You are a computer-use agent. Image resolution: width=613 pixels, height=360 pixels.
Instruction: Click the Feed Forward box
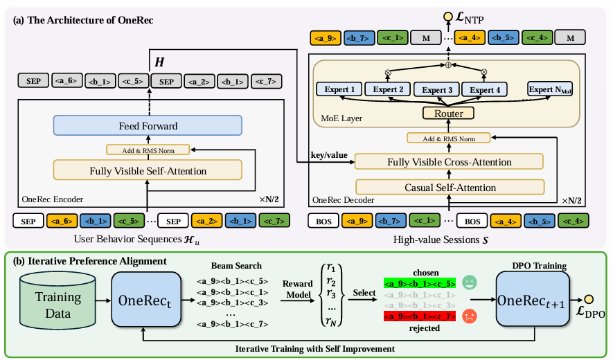147,126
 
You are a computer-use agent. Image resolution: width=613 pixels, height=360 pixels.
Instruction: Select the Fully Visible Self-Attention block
147,170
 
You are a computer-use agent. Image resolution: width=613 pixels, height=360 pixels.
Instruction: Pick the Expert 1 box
339,89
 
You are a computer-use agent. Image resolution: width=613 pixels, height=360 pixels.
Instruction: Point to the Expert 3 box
437,89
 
